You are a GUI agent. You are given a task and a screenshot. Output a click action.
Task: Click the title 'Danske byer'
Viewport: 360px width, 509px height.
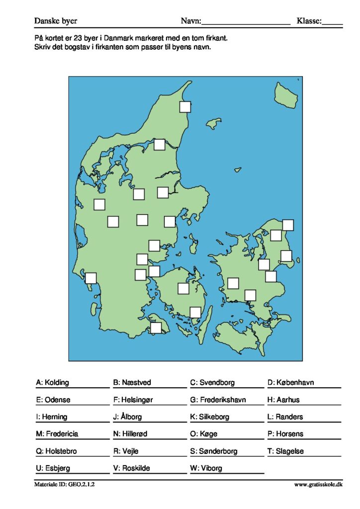point(56,21)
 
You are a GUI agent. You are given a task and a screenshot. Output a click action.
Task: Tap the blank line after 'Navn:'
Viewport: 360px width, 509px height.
point(246,22)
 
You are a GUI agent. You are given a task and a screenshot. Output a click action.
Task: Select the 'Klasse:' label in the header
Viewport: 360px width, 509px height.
point(309,21)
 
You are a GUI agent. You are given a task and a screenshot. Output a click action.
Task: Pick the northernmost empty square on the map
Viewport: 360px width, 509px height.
point(185,106)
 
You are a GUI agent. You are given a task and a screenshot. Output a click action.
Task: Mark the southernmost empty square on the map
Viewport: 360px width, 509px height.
point(156,328)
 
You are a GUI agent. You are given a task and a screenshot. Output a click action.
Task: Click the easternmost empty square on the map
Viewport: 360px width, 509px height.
point(288,225)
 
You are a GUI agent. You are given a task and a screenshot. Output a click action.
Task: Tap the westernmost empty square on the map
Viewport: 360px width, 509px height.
point(90,278)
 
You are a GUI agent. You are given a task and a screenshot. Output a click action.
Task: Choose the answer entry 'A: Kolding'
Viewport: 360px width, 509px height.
point(53,383)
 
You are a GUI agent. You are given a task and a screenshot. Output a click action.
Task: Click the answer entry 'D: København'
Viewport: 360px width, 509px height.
point(291,383)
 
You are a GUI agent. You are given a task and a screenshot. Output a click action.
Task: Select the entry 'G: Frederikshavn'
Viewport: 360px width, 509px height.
point(218,400)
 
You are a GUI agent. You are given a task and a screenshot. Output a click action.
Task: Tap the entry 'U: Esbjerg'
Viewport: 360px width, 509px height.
point(53,468)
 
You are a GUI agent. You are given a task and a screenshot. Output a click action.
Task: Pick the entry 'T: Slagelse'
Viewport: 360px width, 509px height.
point(285,451)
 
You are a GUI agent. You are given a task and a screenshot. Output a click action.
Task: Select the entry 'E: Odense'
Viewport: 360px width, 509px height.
point(53,400)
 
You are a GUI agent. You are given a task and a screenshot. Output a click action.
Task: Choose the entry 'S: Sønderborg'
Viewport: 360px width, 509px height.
point(214,451)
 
